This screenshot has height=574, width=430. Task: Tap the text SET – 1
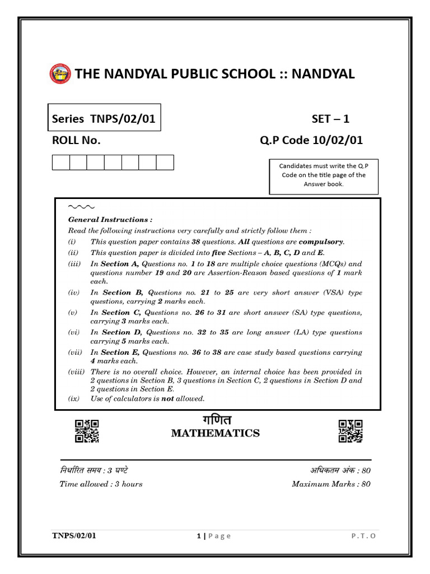pos(330,119)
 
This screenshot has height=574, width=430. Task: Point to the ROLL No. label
pos(76,141)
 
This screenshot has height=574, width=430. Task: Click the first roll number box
pos(60,163)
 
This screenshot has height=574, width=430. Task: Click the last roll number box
pos(165,163)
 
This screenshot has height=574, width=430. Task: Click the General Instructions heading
pos(110,220)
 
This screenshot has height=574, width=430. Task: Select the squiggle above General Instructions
pos(81,207)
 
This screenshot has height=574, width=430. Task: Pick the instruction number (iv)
pos(74,293)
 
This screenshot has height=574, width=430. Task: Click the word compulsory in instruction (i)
pos(321,242)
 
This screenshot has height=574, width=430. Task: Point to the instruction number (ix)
pos(74,399)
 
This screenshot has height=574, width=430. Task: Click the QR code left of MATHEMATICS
pos(87,431)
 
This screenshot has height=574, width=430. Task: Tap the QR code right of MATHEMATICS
pos(350,431)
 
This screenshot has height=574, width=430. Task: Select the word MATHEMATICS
pos(216,433)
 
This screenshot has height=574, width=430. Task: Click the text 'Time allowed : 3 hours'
pos(101,484)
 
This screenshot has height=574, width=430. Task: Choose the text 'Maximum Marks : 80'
pos(331,484)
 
